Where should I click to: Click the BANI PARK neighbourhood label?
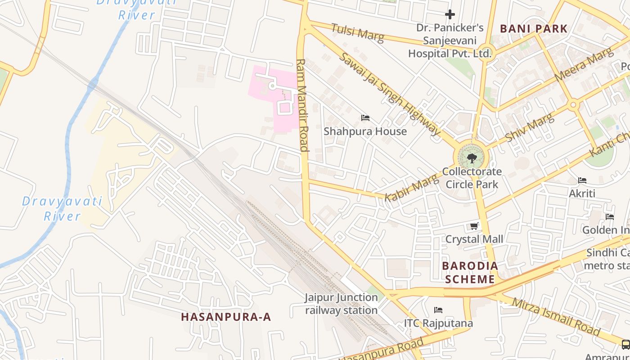point(533,29)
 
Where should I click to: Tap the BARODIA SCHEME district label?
point(470,272)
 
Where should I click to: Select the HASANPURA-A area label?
point(226,317)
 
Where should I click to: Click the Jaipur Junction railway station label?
point(341,304)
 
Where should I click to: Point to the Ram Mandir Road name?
point(302,105)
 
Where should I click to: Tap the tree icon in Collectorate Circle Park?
point(472,158)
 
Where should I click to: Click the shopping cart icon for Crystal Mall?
point(474,226)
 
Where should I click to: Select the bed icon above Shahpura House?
point(365,118)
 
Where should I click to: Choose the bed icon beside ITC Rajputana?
point(438,310)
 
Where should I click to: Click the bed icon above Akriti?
point(582,180)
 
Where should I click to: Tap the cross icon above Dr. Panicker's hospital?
point(450,14)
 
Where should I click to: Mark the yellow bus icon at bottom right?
point(625,345)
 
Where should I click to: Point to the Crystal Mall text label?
point(474,239)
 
